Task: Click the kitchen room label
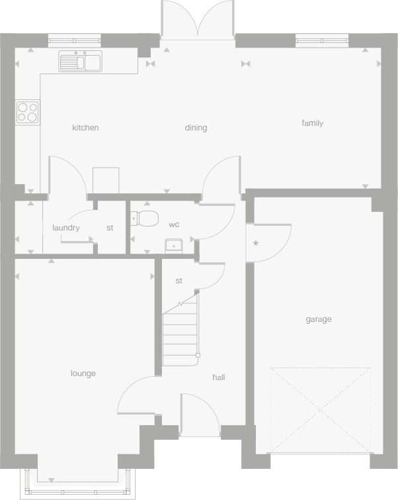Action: point(85,127)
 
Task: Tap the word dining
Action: point(196,128)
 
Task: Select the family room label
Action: point(312,123)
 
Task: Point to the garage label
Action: point(318,319)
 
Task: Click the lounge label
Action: point(83,374)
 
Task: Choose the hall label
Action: point(219,377)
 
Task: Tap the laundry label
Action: point(66,228)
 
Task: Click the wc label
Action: point(174,225)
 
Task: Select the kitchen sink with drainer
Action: point(79,62)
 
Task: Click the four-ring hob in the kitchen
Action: point(28,112)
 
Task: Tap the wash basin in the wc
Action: point(174,246)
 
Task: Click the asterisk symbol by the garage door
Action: point(256,243)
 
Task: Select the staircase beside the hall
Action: point(180,331)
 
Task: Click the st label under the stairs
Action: point(179,281)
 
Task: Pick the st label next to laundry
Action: point(110,228)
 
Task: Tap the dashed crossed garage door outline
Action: point(320,409)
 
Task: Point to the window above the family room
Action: point(321,40)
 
